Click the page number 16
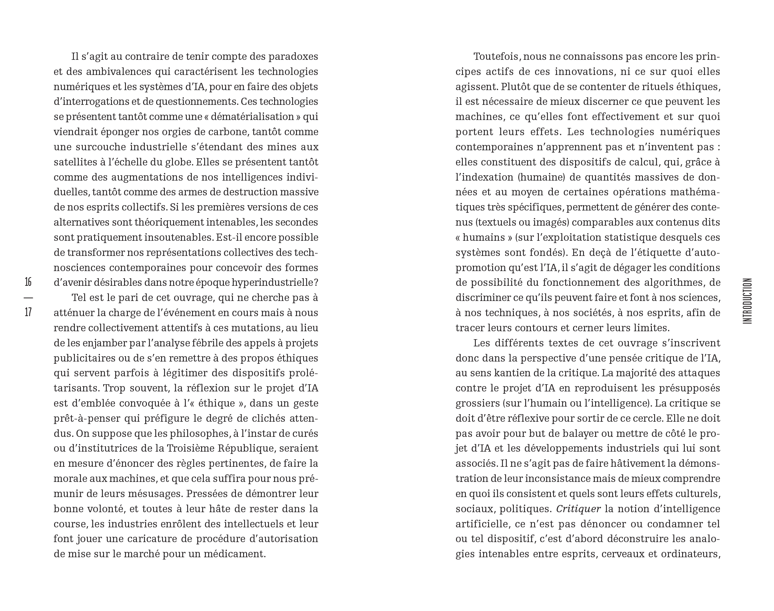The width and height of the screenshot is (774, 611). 28,282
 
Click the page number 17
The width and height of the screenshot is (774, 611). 28,312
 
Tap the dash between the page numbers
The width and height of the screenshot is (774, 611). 28,297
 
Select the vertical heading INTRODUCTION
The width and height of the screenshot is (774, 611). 747,301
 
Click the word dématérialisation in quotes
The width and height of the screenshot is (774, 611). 253,117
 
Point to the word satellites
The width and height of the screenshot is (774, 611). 74,162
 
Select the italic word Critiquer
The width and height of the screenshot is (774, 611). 579,509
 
